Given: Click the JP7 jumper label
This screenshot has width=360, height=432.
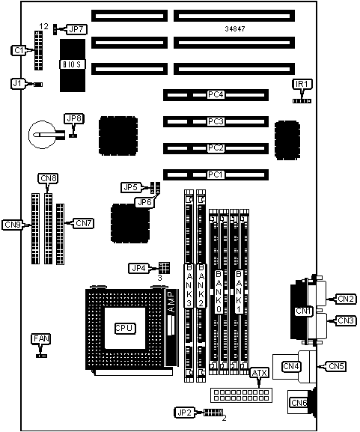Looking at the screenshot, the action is coord(76,29).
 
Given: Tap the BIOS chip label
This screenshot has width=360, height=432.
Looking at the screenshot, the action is coord(72,64).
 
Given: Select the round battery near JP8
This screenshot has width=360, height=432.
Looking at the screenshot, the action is coord(43,135).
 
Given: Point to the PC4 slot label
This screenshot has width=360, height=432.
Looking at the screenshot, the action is coord(216,95).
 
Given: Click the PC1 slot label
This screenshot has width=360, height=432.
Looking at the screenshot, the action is coord(216,174).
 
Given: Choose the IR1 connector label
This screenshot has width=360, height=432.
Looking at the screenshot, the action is coord(302,84).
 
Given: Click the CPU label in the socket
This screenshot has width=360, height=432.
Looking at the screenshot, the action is coord(125,328).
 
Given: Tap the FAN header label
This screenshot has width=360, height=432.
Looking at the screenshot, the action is coord(41,338).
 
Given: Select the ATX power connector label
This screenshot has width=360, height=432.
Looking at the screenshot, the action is coord(260,373).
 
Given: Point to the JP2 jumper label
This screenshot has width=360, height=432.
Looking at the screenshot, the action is coord(184,413).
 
